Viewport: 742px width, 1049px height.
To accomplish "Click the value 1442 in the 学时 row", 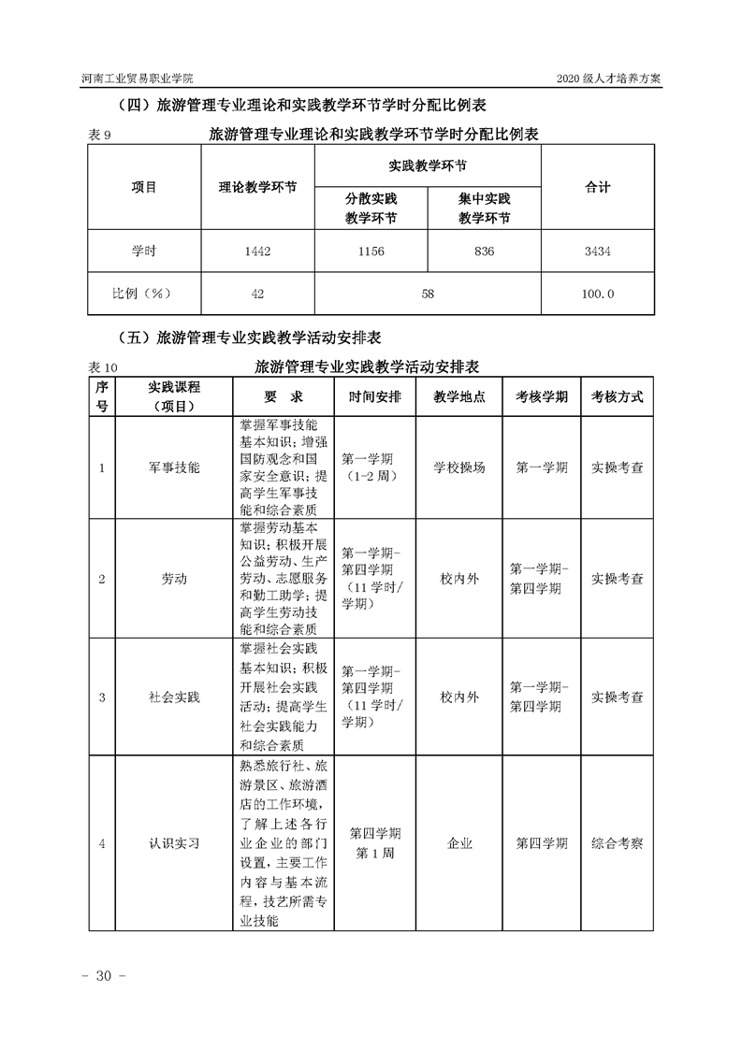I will (x=257, y=251).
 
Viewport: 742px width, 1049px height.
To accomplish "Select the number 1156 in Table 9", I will (x=371, y=251).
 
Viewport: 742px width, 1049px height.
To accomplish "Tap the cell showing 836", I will (x=484, y=251).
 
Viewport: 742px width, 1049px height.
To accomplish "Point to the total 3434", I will (x=597, y=251).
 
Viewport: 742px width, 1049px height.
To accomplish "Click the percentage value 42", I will (x=257, y=294).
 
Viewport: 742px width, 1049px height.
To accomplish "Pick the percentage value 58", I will (x=428, y=294).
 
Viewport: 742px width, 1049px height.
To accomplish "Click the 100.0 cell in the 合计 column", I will (x=597, y=294).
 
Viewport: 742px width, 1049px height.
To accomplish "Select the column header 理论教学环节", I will (x=257, y=187).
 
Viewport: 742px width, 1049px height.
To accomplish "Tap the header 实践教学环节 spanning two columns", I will (x=428, y=165).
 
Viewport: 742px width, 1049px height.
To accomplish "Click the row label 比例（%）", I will (x=144, y=294).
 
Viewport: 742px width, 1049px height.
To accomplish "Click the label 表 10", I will (x=104, y=366).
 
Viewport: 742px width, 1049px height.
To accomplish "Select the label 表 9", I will (x=100, y=136).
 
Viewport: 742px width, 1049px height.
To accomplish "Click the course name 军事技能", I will (x=174, y=467).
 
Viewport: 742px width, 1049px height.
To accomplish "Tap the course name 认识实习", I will (x=174, y=843).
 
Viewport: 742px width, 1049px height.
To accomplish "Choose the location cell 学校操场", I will (x=459, y=467).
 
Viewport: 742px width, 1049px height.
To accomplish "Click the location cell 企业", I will (x=459, y=843).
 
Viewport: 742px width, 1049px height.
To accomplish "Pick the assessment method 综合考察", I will (x=617, y=843).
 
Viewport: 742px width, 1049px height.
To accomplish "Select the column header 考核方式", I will (x=617, y=396).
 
